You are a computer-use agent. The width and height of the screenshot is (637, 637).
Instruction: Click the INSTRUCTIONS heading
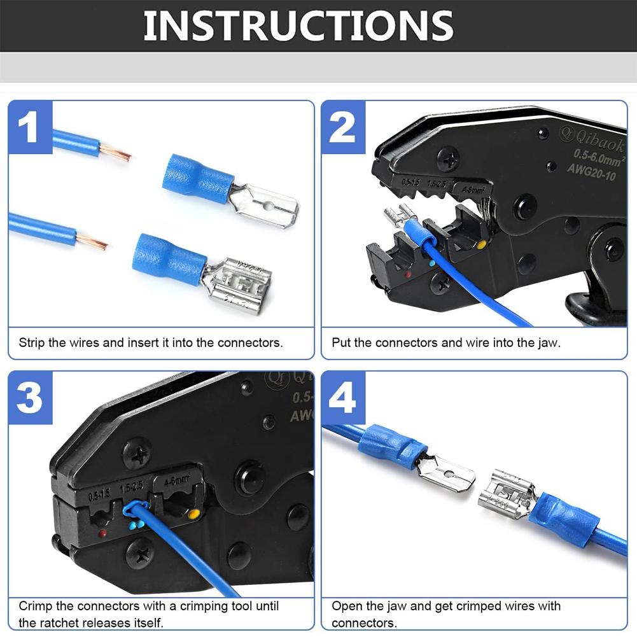pyautogui.click(x=298, y=26)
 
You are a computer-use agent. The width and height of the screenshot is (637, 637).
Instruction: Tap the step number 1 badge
pyautogui.click(x=30, y=128)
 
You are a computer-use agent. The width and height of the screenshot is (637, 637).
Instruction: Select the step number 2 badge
pyautogui.click(x=342, y=128)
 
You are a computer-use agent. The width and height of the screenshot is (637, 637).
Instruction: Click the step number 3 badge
pyautogui.click(x=30, y=398)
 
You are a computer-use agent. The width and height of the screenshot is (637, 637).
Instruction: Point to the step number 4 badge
pyautogui.click(x=343, y=398)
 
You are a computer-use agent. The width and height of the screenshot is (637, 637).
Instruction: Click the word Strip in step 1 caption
pyautogui.click(x=32, y=342)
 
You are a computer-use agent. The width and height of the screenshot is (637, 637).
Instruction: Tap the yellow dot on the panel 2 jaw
pyautogui.click(x=482, y=244)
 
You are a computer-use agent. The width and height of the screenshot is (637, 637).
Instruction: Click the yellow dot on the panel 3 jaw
pyautogui.click(x=193, y=513)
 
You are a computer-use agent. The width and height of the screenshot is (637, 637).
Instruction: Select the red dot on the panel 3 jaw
pyautogui.click(x=102, y=533)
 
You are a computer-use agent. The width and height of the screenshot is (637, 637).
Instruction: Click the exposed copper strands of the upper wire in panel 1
pyautogui.click(x=116, y=153)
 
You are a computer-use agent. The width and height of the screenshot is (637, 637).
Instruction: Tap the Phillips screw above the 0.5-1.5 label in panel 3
pyautogui.click(x=137, y=453)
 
